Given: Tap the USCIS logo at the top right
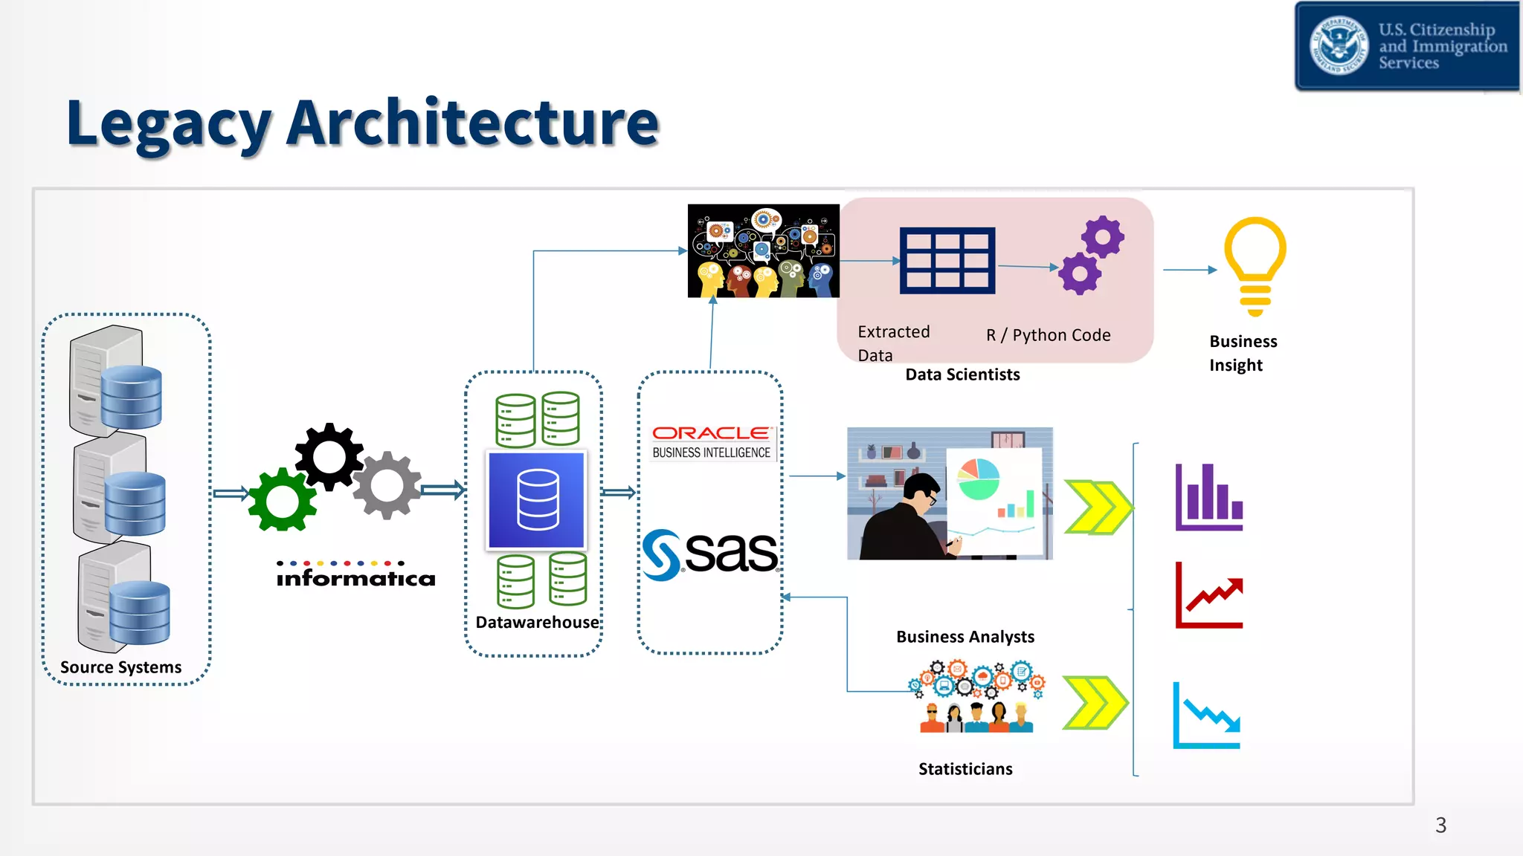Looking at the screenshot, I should point(1407,46).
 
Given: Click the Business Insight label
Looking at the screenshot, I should point(1242,353).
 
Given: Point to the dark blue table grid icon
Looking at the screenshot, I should point(947,260).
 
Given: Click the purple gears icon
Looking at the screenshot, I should point(1092,255).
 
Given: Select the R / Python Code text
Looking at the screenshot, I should point(1048,335).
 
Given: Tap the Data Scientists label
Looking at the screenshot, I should point(962,374).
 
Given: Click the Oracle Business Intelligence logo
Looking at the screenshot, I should point(712,442).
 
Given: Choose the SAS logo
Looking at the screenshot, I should point(710,554).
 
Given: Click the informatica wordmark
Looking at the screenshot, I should point(355,578).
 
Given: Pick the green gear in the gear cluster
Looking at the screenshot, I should point(283,500).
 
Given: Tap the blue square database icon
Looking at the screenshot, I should point(536,499).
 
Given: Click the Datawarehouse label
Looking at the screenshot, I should point(537,622).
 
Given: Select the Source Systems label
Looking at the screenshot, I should point(120,667).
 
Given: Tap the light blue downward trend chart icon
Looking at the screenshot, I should point(1206,716).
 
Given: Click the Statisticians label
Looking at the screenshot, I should point(965,769).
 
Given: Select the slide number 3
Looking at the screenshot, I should point(1440,826).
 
